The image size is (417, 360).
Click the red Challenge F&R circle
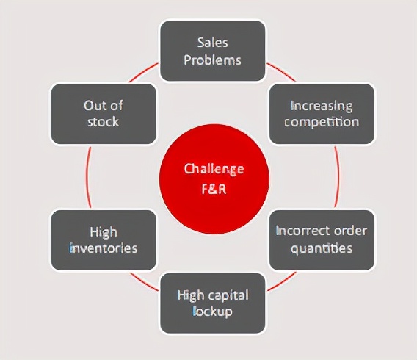[214, 179]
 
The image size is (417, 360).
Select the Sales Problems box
[212, 51]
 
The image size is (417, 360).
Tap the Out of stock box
[104, 114]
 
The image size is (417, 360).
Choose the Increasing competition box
[322, 114]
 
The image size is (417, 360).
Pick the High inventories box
[104, 240]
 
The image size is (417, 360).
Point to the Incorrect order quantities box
[322, 240]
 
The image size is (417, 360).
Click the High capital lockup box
[213, 303]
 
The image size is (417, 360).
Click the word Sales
[212, 43]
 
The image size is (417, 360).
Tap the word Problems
[212, 60]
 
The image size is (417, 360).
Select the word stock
[104, 122]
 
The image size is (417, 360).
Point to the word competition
[322, 122]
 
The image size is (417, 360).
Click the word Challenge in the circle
[214, 169]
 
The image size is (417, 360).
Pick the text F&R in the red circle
[214, 189]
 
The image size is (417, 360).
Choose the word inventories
[104, 248]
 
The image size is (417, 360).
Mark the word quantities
[322, 248]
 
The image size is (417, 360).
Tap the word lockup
[213, 312]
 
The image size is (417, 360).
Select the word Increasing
[322, 106]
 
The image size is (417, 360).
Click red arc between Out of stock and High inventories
[88, 177]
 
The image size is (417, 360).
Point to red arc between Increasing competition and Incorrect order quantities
[338, 177]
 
